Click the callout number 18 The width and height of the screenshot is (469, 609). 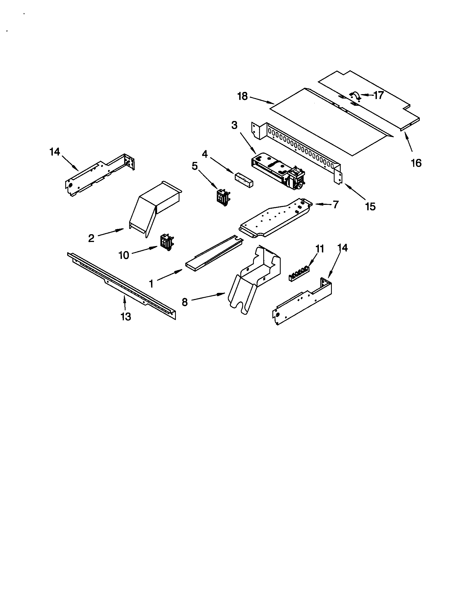(242, 97)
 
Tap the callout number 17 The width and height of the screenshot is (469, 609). (378, 96)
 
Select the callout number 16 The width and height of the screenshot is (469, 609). (416, 163)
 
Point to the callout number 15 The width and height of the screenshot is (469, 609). (370, 207)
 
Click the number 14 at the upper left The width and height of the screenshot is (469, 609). (55, 152)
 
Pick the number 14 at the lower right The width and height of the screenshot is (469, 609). (342, 248)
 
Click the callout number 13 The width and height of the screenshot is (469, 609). (126, 316)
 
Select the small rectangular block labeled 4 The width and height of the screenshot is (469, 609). (244, 177)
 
